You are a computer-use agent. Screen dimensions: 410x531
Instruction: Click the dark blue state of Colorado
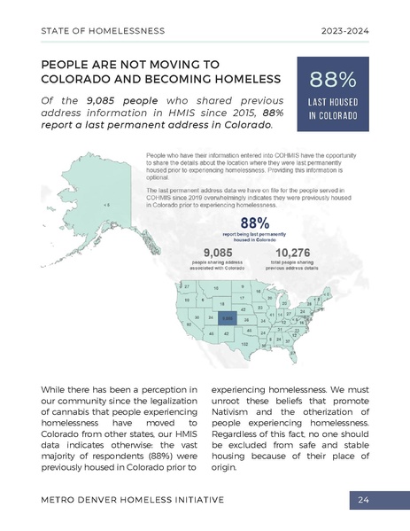(x=227, y=316)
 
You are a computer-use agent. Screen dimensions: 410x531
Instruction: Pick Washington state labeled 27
(x=186, y=287)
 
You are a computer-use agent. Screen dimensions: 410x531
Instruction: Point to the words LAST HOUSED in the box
(x=333, y=104)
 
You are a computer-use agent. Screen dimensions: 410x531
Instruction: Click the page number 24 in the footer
(x=363, y=500)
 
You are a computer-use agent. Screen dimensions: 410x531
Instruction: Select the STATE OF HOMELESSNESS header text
(x=103, y=31)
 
